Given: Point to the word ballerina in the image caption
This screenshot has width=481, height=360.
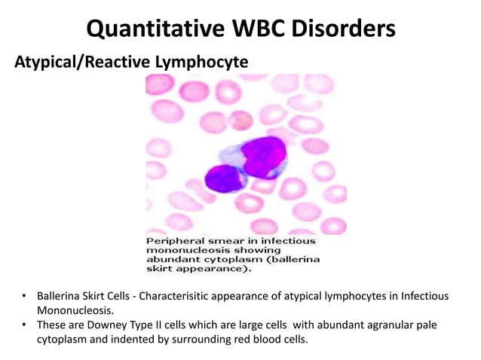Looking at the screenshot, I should tap(294, 258).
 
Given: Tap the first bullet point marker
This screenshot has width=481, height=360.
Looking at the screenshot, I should tap(23, 296).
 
